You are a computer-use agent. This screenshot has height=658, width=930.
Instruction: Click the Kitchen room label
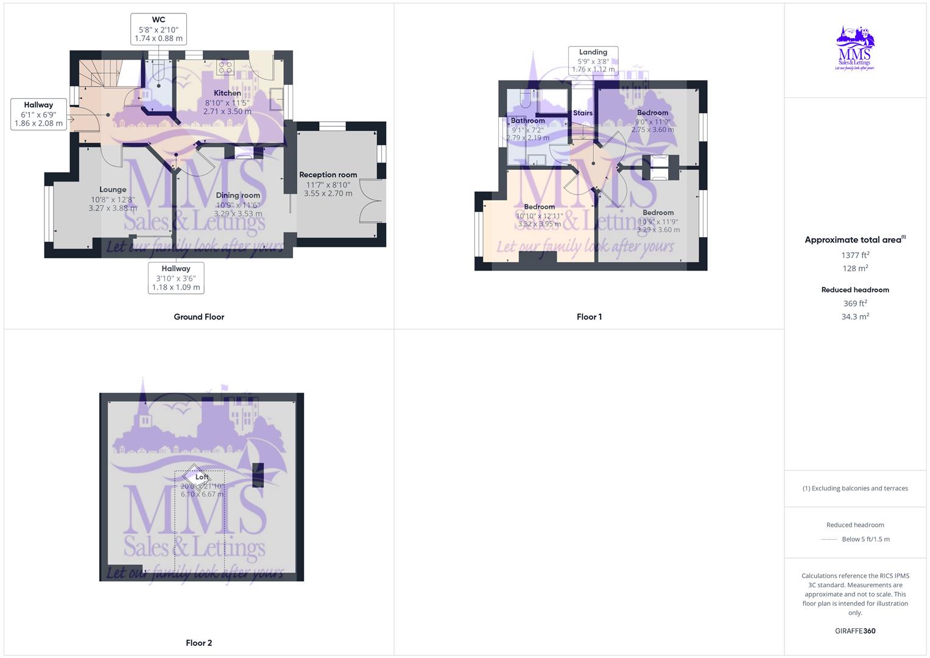point(227,93)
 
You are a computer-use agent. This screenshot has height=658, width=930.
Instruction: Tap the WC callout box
point(158,29)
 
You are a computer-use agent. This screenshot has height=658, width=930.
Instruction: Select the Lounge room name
point(113,189)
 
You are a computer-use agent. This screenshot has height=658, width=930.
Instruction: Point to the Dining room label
point(238,196)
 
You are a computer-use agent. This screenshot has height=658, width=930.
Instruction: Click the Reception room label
point(328,175)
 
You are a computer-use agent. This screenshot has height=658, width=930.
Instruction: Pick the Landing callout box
point(593,60)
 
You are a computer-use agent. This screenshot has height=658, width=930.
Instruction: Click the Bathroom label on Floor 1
point(527,121)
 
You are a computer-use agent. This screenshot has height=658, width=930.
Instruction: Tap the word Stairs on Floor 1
point(583,113)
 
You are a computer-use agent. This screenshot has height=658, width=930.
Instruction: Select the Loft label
point(202,477)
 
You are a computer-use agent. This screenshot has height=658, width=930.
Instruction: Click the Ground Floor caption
point(199,317)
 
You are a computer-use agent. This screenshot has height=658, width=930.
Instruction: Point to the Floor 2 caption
point(199,643)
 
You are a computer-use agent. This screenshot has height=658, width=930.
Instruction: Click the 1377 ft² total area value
point(855,255)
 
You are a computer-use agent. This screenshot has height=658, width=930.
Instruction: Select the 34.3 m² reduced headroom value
point(855,317)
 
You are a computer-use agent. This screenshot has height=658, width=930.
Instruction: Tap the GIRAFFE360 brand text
point(855,631)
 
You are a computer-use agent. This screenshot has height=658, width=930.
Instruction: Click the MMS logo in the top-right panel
point(855,48)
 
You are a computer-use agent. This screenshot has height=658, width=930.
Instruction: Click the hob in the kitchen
point(225,67)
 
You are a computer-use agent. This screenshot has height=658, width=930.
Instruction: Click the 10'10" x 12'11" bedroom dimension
point(539,216)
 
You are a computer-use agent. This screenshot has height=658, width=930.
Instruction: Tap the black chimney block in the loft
point(258,475)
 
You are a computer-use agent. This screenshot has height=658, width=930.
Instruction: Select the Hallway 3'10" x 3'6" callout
point(176,278)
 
